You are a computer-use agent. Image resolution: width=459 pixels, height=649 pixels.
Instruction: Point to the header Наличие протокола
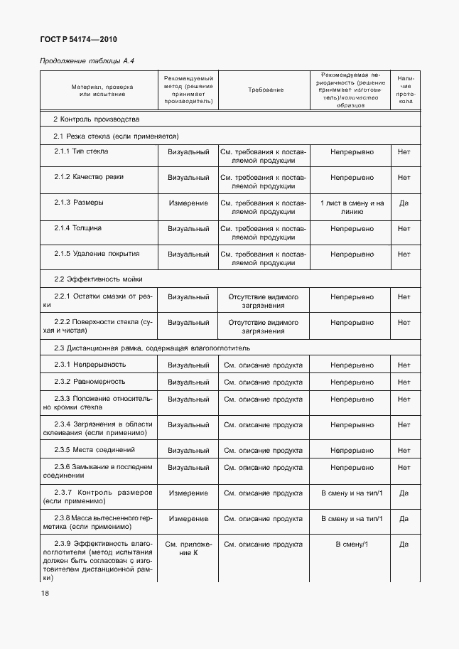tap(404, 90)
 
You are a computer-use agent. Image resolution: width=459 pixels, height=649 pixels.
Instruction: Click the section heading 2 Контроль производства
tap(96, 119)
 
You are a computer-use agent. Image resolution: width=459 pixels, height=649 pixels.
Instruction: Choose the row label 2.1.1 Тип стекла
tap(81, 151)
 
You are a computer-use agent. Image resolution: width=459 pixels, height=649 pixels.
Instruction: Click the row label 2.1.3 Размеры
tap(78, 203)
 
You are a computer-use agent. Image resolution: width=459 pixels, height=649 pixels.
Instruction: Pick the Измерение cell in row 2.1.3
tap(188, 203)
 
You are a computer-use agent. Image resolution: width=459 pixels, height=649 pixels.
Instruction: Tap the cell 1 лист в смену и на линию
tap(352, 207)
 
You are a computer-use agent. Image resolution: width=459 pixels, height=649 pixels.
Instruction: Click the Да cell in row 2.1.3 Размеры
tap(404, 203)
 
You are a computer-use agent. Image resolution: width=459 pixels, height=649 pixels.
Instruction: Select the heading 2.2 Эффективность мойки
tap(92, 280)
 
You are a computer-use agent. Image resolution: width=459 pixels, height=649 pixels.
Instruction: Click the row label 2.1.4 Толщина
tap(77, 228)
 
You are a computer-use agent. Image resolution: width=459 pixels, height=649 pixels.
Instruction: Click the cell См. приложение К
tap(188, 549)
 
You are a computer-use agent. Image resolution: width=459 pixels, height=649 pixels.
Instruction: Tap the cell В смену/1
tap(352, 544)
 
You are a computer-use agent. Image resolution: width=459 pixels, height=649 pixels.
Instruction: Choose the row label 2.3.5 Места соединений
tap(94, 450)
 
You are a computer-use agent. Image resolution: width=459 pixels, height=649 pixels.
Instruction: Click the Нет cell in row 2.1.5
tap(404, 254)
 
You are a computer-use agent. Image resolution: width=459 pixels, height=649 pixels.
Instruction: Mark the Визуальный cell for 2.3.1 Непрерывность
tap(188, 365)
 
